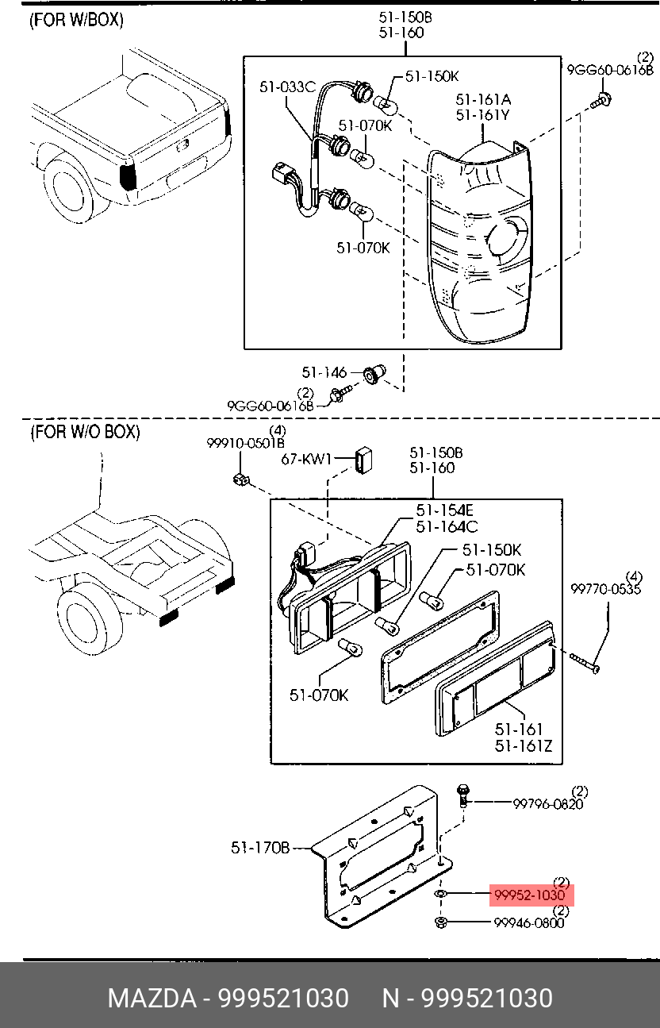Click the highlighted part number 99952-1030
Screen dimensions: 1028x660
tap(530, 895)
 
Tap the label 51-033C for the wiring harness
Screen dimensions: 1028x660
tap(287, 87)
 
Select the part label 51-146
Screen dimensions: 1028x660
tap(324, 372)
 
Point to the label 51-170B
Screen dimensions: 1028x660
tap(261, 848)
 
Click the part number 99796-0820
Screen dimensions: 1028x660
tap(547, 803)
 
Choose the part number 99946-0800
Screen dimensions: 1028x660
tap(529, 922)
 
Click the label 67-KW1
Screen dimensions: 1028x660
tap(307, 460)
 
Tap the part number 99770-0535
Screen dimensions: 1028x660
tap(605, 589)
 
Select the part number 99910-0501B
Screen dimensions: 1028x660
tap(246, 443)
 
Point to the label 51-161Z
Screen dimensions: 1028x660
tap(524, 745)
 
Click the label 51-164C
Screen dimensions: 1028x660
tap(447, 526)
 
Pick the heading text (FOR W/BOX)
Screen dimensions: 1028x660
tap(77, 21)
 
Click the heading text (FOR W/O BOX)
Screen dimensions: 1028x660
tap(85, 432)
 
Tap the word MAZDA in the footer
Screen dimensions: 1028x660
tap(151, 998)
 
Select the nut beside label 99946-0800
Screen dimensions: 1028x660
tap(442, 922)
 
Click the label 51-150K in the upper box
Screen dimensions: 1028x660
tap(432, 76)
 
